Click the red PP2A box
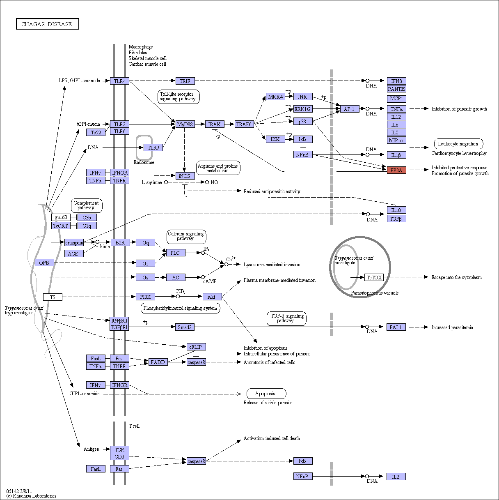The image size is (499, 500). [x=396, y=170]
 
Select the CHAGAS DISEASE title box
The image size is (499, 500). [x=48, y=24]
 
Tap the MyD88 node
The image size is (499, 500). [x=185, y=124]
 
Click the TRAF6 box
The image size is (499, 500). [x=244, y=124]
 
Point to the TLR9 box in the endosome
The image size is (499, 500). [x=153, y=147]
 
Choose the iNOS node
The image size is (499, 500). [x=185, y=176]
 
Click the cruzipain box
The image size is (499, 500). [x=74, y=243]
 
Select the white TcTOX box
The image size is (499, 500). [x=374, y=277]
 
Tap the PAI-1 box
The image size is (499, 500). [x=396, y=327]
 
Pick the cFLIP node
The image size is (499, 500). [x=196, y=347]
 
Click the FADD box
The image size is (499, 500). [x=158, y=362]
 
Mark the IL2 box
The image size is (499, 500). [x=396, y=477]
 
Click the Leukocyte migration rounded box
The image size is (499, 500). [x=458, y=144]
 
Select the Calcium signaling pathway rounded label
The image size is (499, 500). [x=186, y=237]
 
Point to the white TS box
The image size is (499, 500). [x=53, y=297]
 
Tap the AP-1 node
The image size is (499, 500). [x=350, y=109]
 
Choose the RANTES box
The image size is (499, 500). [x=396, y=89]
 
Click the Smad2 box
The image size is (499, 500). [x=185, y=327]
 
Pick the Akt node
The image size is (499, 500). [x=212, y=297]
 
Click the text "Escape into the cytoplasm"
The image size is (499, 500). [x=456, y=277]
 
